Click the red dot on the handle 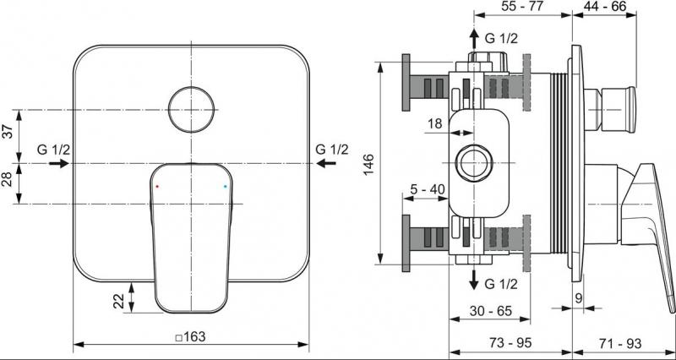click(x=157, y=186)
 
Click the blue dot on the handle click(x=225, y=187)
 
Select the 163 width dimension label click(x=191, y=336)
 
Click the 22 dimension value click(x=119, y=302)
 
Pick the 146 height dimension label click(x=368, y=163)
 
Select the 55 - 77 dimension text click(x=522, y=6)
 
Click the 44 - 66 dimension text click(x=604, y=6)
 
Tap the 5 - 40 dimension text click(x=426, y=188)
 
